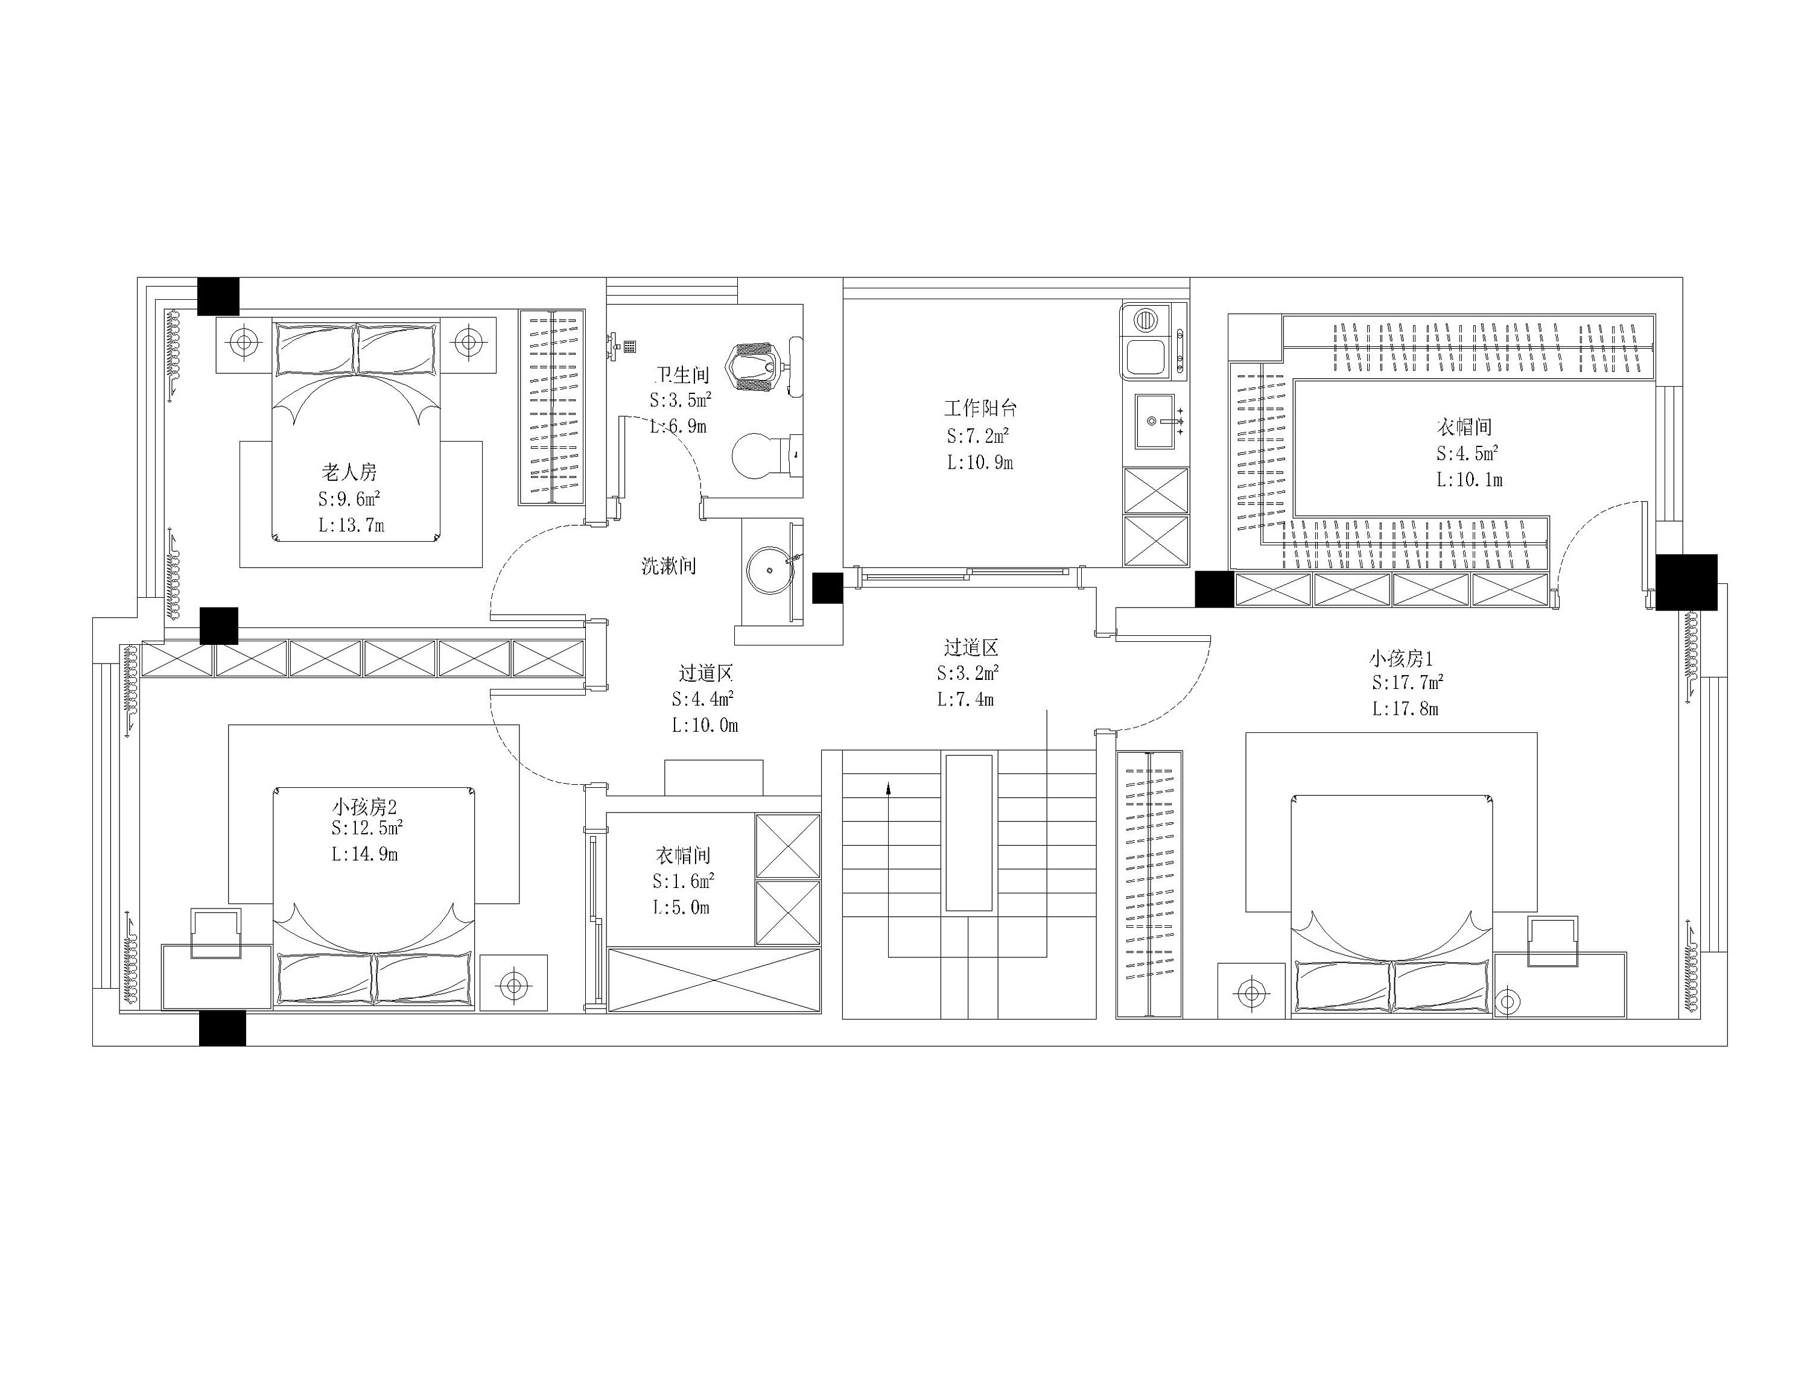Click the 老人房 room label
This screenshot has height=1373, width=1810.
pos(349,472)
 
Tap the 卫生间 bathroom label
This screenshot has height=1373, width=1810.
pos(682,376)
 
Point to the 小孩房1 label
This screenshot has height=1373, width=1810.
pos(1402,659)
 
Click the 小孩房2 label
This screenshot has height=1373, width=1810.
pos(364,807)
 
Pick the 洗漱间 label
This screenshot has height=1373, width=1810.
pos(668,565)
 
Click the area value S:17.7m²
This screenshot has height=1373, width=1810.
pos(1408,682)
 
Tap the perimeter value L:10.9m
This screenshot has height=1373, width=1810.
pos(980,462)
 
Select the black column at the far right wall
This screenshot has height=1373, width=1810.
pos(1686,582)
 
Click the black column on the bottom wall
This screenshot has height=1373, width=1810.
pos(223,1028)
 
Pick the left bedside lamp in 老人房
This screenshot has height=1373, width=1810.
pos(243,341)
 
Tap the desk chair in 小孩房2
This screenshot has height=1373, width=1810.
pos(216,932)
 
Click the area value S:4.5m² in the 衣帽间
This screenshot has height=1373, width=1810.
pos(1466,453)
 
